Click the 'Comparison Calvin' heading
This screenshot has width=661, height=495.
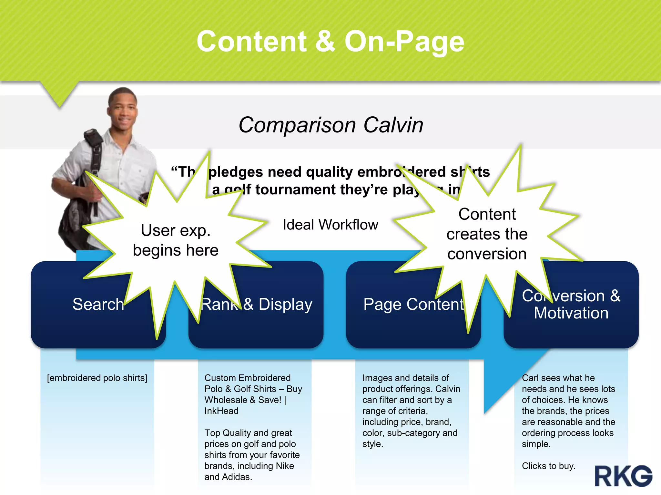(330, 125)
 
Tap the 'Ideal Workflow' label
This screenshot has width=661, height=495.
(330, 225)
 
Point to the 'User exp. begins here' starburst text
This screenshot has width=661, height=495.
(176, 240)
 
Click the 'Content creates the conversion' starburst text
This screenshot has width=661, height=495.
(487, 234)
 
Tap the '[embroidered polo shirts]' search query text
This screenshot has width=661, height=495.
(97, 378)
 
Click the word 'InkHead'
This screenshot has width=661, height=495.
(221, 411)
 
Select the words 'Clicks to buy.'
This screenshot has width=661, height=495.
(548, 466)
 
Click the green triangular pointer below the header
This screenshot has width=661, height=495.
(59, 93)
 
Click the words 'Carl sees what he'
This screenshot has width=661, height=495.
(558, 378)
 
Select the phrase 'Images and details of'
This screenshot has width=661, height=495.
(405, 378)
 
